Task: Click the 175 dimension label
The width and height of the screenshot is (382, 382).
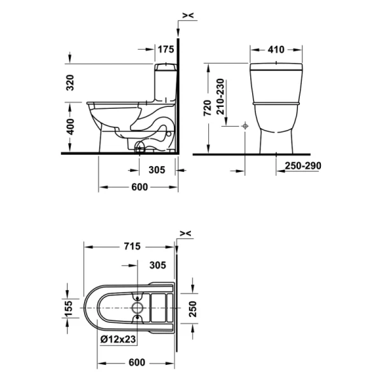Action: [x=166, y=50]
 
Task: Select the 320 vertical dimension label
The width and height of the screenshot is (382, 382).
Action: [x=70, y=83]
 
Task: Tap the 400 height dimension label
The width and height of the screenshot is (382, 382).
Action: [x=71, y=127]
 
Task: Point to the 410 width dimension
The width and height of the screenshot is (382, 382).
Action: [x=276, y=50]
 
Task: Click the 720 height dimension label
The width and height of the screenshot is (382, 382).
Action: [x=208, y=108]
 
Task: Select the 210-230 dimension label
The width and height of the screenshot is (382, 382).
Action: [x=220, y=97]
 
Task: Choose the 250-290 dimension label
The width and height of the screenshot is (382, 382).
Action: [x=303, y=166]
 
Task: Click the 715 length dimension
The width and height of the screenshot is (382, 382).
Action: [x=132, y=246]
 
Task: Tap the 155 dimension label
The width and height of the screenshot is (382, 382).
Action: [x=69, y=308]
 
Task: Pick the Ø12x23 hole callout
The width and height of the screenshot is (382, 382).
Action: [x=118, y=339]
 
